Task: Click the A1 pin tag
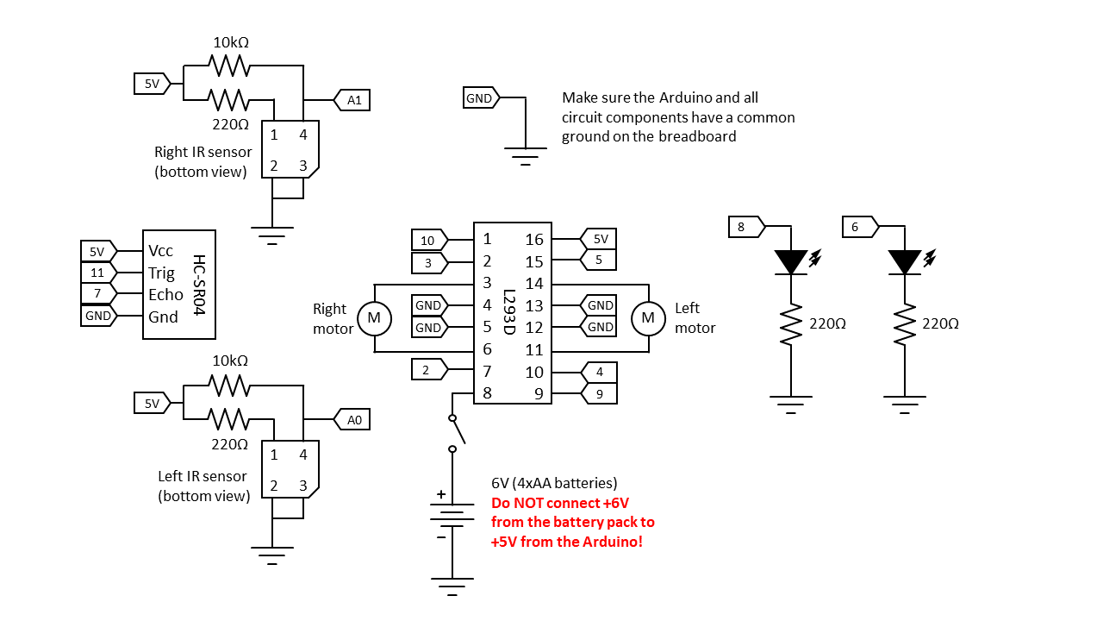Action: pos(352,100)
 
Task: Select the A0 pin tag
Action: pos(352,419)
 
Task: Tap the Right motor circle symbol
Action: pos(374,318)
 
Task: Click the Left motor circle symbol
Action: pos(648,318)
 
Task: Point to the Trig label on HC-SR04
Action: pos(161,273)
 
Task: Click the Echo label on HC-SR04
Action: pos(165,295)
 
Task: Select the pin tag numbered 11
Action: pos(99,273)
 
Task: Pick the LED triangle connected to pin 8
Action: pos(791,261)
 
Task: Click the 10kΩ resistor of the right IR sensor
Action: pos(229,65)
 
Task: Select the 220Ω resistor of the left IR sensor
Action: pos(228,419)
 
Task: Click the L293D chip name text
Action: pos(509,312)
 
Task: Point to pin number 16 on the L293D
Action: pos(533,240)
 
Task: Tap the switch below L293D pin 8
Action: pos(456,433)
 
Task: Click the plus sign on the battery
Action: pos(441,494)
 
